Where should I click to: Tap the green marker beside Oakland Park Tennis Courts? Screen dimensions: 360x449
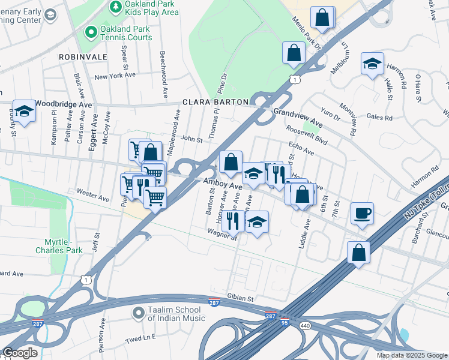pos(91,31)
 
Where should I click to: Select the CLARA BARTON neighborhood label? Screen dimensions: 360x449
pos(215,102)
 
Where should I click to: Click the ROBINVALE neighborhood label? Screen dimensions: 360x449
pos(83,56)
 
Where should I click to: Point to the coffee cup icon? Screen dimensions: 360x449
pos(362,213)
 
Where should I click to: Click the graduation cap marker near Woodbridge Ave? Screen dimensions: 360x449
pos(24,111)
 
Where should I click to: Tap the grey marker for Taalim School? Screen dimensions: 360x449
pos(138,313)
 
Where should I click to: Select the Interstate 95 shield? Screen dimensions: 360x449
pos(284,322)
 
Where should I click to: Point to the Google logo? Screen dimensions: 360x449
pos(20,353)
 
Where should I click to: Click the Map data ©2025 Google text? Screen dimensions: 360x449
pos(412,355)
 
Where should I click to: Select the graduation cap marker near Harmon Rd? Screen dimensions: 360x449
pos(372,64)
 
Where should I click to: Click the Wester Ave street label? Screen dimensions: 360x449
pos(93,195)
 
